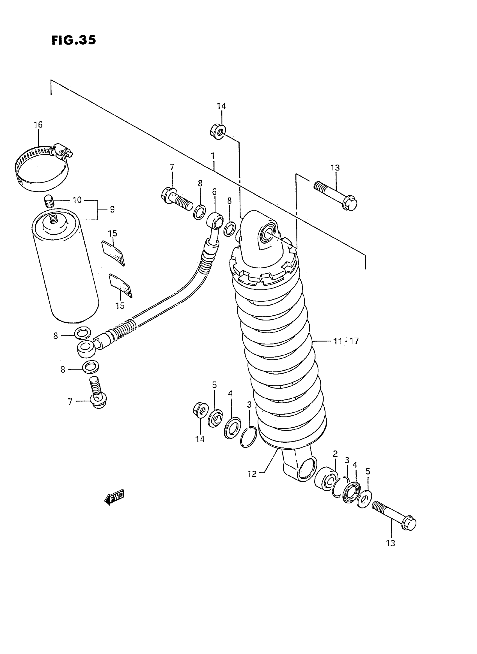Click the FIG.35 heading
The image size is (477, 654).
click(x=74, y=40)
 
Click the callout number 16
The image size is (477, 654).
click(x=38, y=125)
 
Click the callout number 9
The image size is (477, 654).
click(x=112, y=209)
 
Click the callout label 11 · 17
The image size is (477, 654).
click(x=346, y=341)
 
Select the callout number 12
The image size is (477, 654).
click(x=252, y=474)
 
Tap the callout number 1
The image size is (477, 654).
click(x=213, y=156)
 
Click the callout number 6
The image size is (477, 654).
click(x=214, y=191)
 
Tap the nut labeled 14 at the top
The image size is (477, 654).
click(x=218, y=131)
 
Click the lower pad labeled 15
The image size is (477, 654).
click(x=120, y=285)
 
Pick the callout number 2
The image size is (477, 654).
click(x=335, y=454)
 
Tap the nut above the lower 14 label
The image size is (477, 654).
click(x=200, y=410)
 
